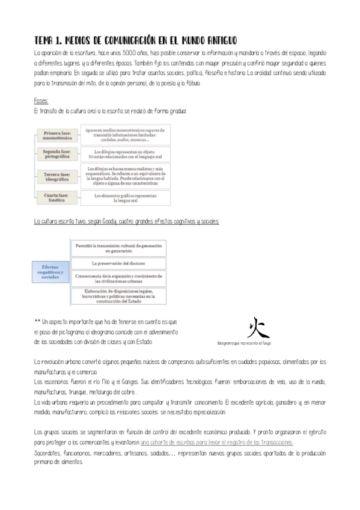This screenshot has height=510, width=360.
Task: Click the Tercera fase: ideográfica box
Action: [x=58, y=176]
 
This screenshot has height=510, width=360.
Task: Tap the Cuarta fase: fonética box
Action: [x=58, y=196]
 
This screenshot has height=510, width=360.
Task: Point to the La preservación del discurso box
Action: [x=118, y=263]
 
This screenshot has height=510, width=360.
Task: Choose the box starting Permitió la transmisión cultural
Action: [x=118, y=248]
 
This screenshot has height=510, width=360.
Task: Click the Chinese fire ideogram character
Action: [x=255, y=327]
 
